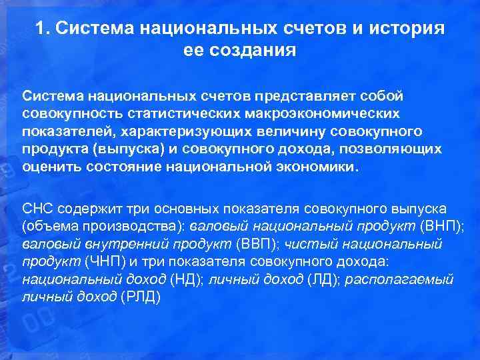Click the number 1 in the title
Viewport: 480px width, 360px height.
pyautogui.click(x=41, y=29)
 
